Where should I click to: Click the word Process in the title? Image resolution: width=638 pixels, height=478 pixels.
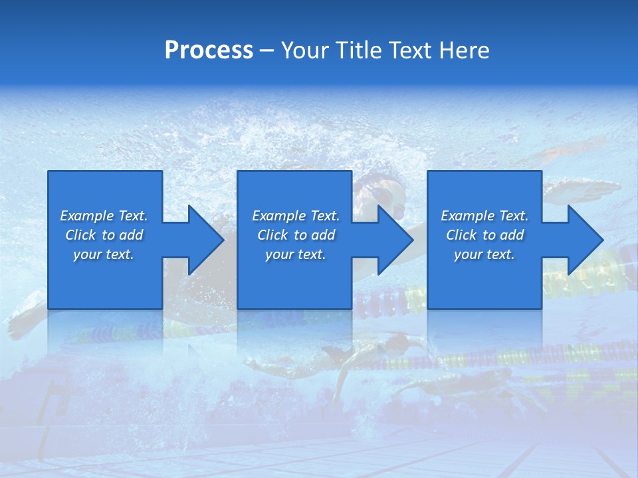[x=209, y=50]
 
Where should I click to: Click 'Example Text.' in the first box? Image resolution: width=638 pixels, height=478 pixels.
[x=104, y=216]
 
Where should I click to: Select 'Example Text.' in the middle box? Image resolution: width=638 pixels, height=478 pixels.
[x=296, y=216]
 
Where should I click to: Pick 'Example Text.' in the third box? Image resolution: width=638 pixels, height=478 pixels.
[x=484, y=216]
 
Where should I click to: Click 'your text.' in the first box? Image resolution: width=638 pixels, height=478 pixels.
[x=104, y=254]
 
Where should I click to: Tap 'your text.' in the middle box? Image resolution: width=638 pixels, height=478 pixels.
[x=296, y=254]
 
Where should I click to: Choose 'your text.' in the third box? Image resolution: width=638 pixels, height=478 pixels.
[x=484, y=254]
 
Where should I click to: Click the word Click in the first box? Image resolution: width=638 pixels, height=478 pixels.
[x=80, y=235]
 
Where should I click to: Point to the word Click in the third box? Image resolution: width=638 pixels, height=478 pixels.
[x=461, y=235]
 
